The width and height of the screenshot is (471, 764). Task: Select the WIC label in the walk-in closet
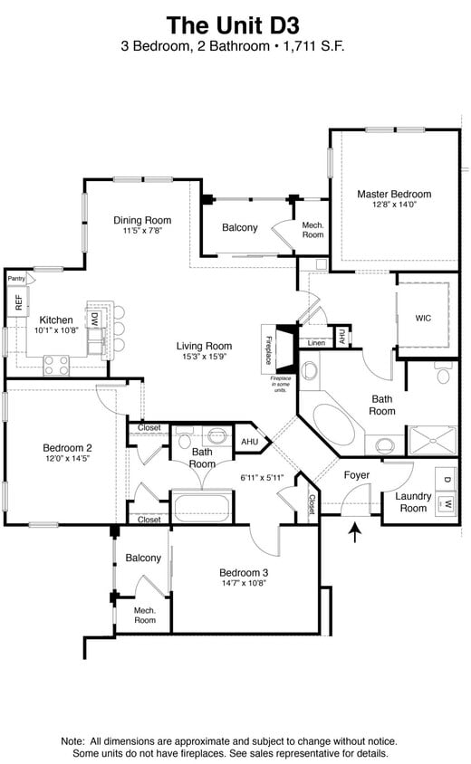[423, 318]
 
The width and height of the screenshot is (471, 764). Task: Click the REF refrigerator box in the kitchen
[18, 302]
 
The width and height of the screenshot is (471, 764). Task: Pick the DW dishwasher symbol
[93, 319]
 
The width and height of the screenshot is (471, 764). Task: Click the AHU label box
[249, 442]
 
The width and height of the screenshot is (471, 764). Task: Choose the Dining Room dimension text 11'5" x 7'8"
[142, 231]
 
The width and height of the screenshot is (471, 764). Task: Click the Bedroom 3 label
[244, 572]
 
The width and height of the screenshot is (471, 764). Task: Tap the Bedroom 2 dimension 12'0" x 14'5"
[67, 459]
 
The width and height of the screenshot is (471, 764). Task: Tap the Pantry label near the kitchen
[16, 279]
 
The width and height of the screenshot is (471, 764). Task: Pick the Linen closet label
[316, 343]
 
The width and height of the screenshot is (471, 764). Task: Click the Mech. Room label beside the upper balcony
[312, 230]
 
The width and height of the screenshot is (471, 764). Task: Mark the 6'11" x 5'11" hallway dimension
[263, 477]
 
